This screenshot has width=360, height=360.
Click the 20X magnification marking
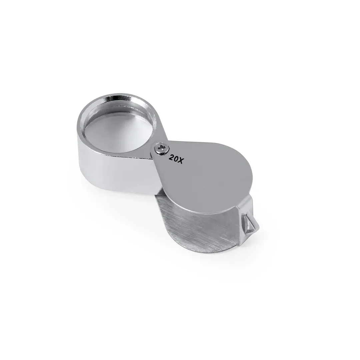[x=176, y=158]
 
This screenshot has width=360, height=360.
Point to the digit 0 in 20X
[x=176, y=158]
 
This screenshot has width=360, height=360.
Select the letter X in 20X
[x=181, y=160]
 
